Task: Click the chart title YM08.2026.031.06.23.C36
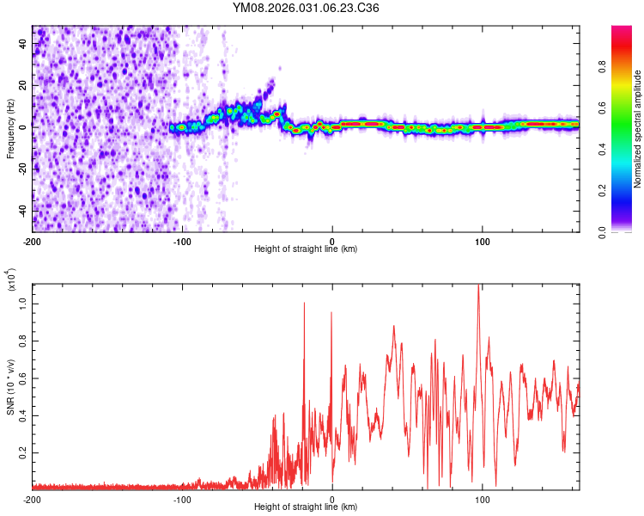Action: [306, 9]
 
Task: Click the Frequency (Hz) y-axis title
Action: [10, 129]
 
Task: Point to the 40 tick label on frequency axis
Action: [23, 45]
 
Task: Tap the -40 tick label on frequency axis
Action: [21, 211]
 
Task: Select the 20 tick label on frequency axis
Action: [23, 86]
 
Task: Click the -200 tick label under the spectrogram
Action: [33, 241]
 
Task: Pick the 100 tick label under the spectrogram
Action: [483, 241]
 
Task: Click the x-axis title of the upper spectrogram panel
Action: [306, 249]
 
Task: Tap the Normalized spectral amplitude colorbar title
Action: [638, 129]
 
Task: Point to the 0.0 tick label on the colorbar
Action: [628, 231]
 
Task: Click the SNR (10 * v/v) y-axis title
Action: [10, 387]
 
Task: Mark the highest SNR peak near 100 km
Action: [478, 286]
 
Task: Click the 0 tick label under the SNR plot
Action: [332, 499]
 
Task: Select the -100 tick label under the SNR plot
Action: [182, 499]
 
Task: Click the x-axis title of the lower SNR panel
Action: [306, 507]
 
